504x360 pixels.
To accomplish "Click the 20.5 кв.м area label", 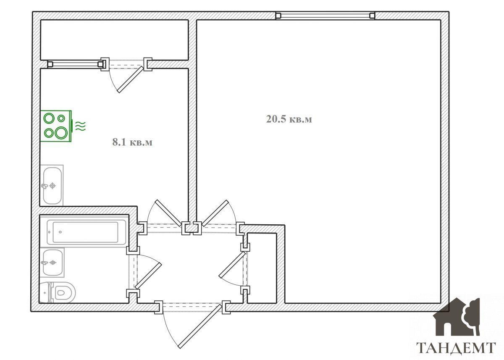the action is (x=289, y=119).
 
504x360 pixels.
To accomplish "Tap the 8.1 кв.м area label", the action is (x=132, y=142).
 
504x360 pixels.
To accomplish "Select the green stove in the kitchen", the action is (x=56, y=126).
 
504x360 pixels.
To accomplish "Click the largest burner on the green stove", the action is (x=61, y=132).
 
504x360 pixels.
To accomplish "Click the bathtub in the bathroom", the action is (x=87, y=232).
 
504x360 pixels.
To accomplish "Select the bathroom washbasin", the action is (x=52, y=263).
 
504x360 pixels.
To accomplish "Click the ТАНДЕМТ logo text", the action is (x=456, y=348).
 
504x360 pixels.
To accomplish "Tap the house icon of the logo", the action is (x=457, y=317).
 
